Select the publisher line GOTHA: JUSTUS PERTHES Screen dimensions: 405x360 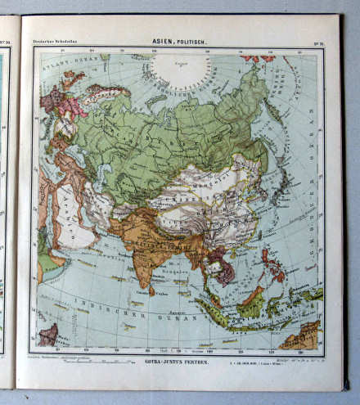pyautogui.click(x=177, y=360)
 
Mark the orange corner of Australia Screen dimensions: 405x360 pyautogui.click(x=308, y=336)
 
